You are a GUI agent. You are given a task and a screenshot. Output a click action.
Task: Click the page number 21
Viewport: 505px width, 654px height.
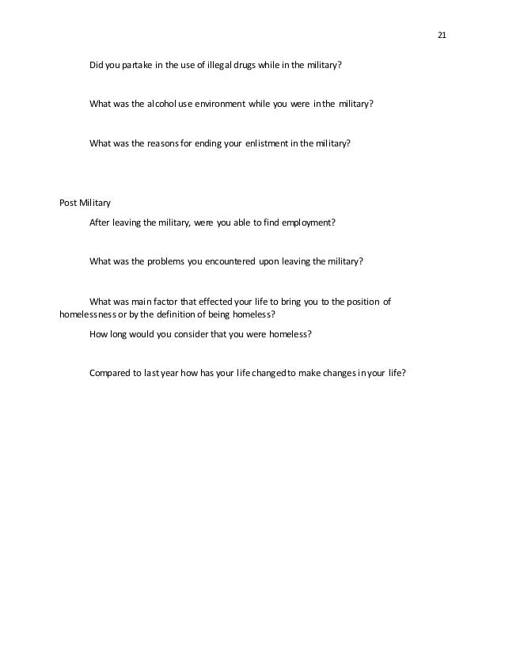tap(442, 35)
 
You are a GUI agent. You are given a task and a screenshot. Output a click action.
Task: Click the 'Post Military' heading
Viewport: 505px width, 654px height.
tap(85, 203)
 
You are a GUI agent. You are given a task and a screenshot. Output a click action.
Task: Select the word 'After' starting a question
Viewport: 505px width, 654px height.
tap(100, 222)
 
